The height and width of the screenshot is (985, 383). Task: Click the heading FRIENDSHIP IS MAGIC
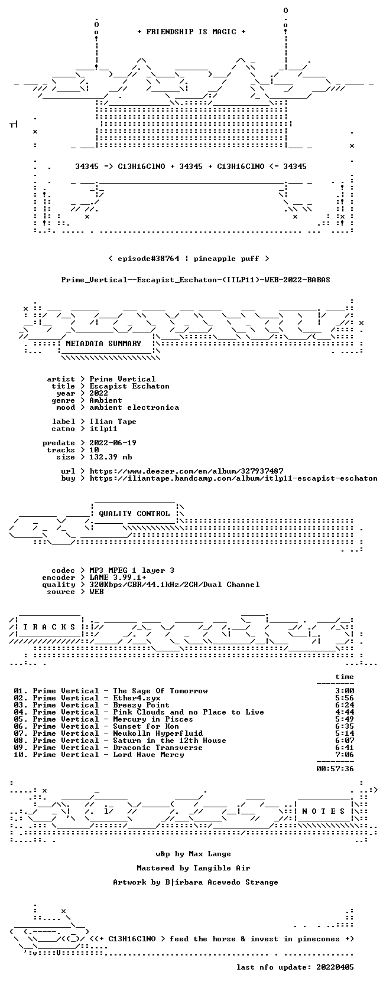(x=191, y=32)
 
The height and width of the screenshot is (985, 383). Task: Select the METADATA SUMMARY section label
(x=103, y=344)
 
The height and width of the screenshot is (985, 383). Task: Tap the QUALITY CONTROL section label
(x=134, y=514)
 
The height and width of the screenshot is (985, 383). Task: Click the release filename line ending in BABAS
(x=196, y=280)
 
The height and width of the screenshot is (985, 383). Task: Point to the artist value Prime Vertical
(x=122, y=379)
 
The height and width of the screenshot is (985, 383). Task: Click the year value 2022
(x=99, y=393)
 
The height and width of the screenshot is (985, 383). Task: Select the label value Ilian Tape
(x=113, y=421)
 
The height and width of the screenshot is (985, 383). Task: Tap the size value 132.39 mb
(x=111, y=456)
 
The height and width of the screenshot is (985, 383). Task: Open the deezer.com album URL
(x=186, y=471)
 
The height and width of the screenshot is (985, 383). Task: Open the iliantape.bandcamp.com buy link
(x=233, y=478)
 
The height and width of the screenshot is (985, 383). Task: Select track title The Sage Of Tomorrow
(x=160, y=691)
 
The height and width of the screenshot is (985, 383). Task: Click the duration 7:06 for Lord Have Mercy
(x=345, y=755)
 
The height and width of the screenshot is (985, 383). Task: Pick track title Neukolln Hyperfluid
(x=158, y=733)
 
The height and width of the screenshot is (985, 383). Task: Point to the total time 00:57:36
(x=335, y=769)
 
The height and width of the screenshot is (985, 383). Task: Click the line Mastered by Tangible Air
(x=193, y=868)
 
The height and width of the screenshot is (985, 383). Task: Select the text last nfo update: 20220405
(x=295, y=967)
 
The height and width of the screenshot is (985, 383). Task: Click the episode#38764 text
(x=148, y=259)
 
